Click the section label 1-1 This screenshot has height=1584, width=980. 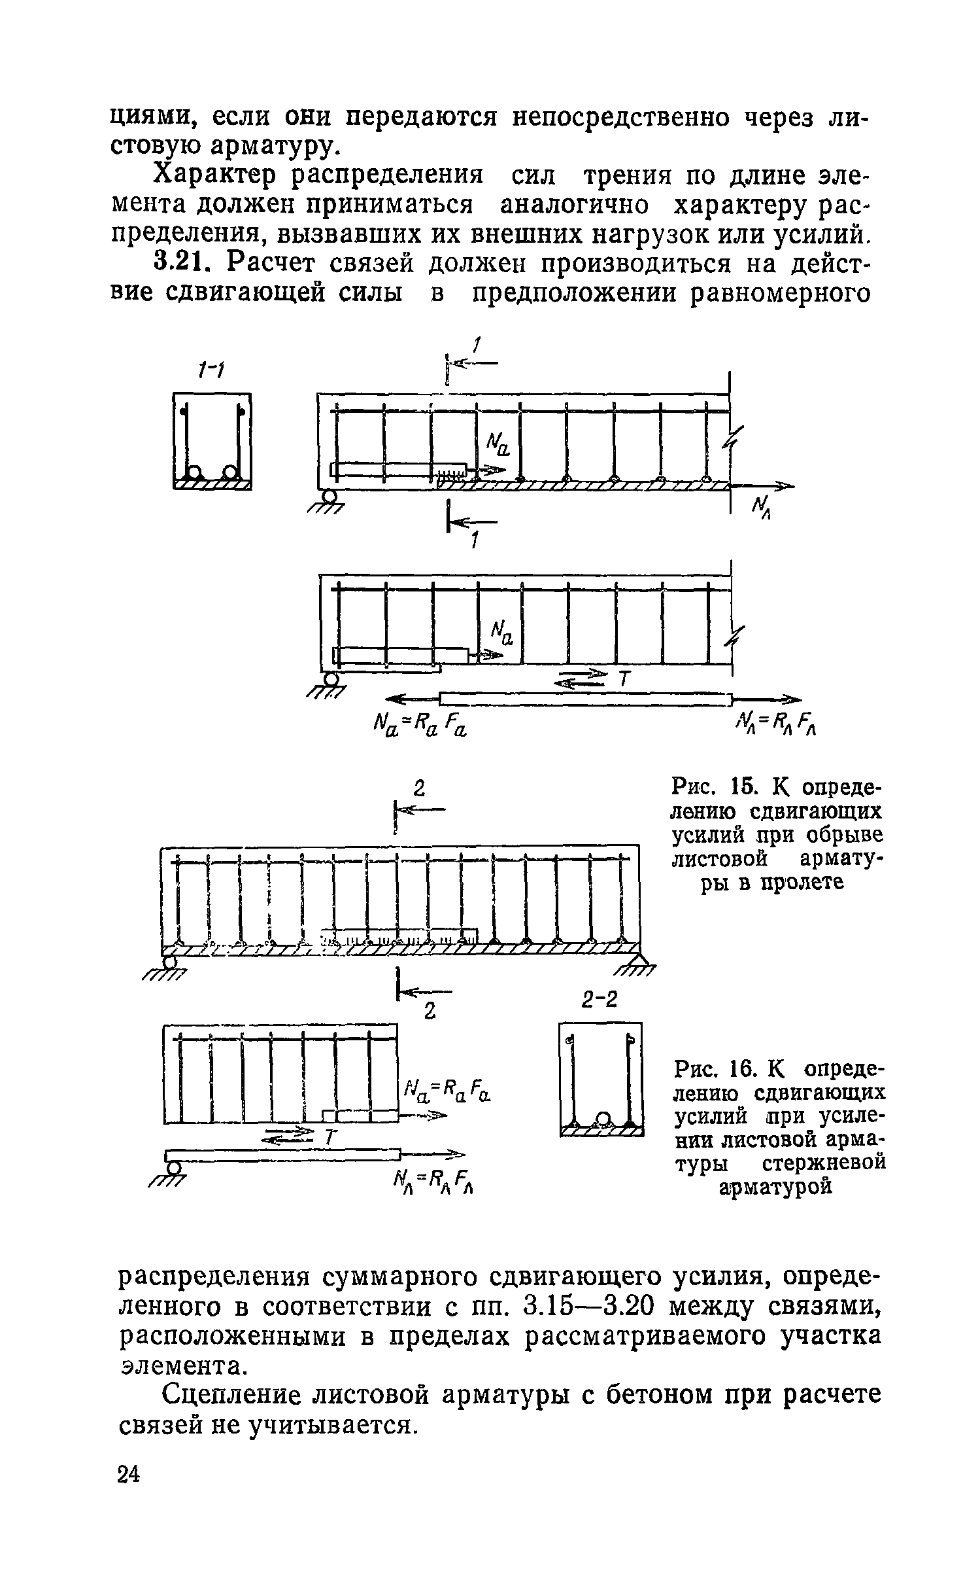tap(211, 372)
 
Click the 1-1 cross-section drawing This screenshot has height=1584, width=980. tap(212, 440)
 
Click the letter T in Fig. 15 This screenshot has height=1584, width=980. tap(624, 680)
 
